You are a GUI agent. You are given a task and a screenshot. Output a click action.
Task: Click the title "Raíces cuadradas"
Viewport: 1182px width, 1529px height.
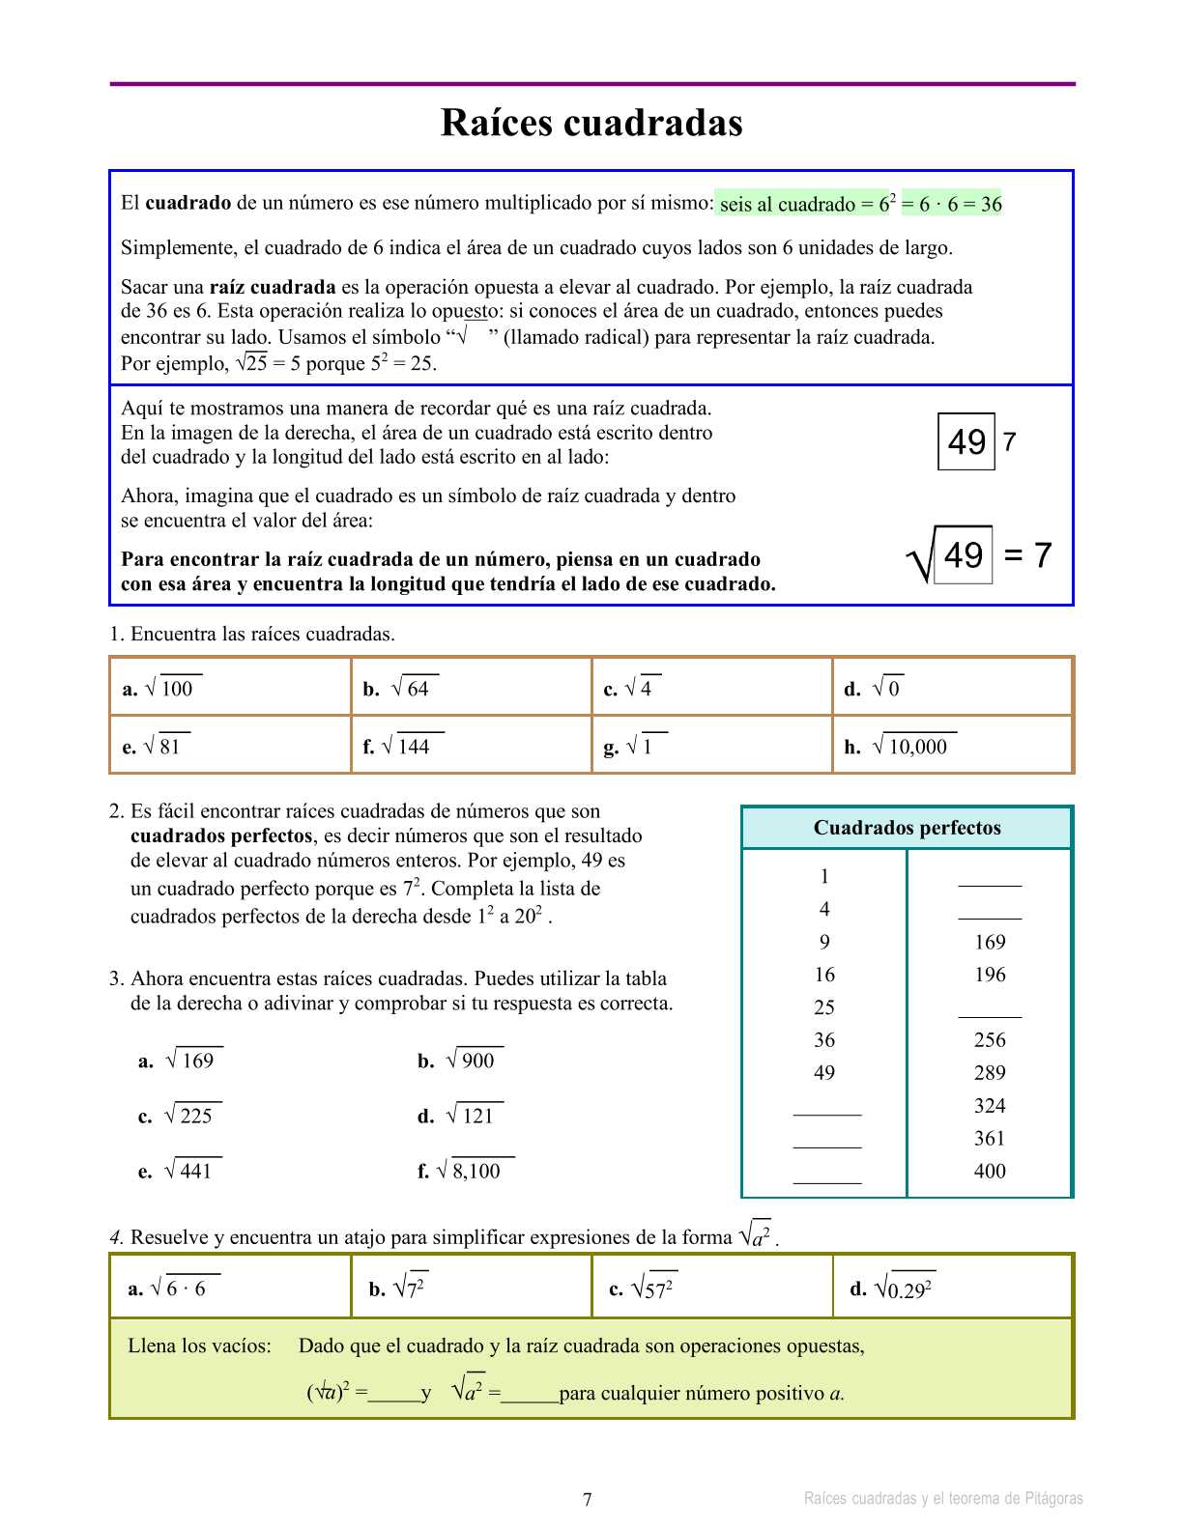tap(591, 123)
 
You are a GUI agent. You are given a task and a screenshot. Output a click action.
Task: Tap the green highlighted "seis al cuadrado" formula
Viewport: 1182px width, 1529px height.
tap(859, 203)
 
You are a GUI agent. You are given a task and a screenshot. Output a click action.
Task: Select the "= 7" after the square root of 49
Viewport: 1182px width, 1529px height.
tap(1028, 555)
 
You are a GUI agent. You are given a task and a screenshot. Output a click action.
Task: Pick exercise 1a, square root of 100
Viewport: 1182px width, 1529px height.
tap(170, 688)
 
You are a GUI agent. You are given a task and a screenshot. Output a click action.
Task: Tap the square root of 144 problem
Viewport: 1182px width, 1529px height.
tap(407, 746)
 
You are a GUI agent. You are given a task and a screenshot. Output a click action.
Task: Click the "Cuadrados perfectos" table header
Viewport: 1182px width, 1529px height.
tap(907, 828)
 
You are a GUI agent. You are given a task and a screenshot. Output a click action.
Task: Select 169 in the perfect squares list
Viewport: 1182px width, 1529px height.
tap(990, 942)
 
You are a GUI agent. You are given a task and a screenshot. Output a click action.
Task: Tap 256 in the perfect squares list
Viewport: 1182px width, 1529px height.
tap(990, 1040)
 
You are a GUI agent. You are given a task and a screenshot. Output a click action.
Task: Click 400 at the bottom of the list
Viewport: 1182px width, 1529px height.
tap(990, 1172)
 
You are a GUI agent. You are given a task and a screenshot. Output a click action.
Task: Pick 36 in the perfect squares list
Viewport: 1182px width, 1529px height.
tap(823, 1040)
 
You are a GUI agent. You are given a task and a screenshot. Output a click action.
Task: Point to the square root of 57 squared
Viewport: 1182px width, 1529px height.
tap(653, 1288)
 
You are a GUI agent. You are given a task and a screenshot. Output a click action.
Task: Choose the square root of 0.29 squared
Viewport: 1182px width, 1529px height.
tap(904, 1288)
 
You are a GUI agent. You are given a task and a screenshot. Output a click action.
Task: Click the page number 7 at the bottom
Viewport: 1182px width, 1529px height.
tap(588, 1499)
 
